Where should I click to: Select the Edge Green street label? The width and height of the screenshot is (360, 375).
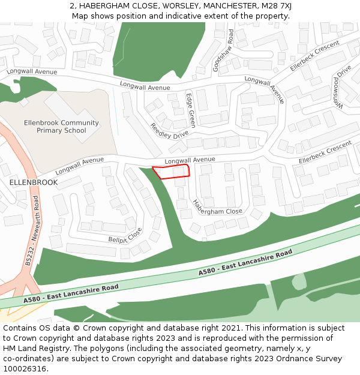pyautogui.click(x=190, y=110)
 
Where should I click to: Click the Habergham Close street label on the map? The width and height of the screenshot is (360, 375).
pyautogui.click(x=217, y=208)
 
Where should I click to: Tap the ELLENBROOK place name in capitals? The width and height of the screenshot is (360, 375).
pyautogui.click(x=34, y=182)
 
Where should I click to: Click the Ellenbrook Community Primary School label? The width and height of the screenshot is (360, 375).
pyautogui.click(x=61, y=127)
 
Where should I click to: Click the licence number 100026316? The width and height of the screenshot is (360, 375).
pyautogui.click(x=25, y=369)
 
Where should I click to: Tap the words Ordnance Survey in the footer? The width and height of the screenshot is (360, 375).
pyautogui.click(x=308, y=359)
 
